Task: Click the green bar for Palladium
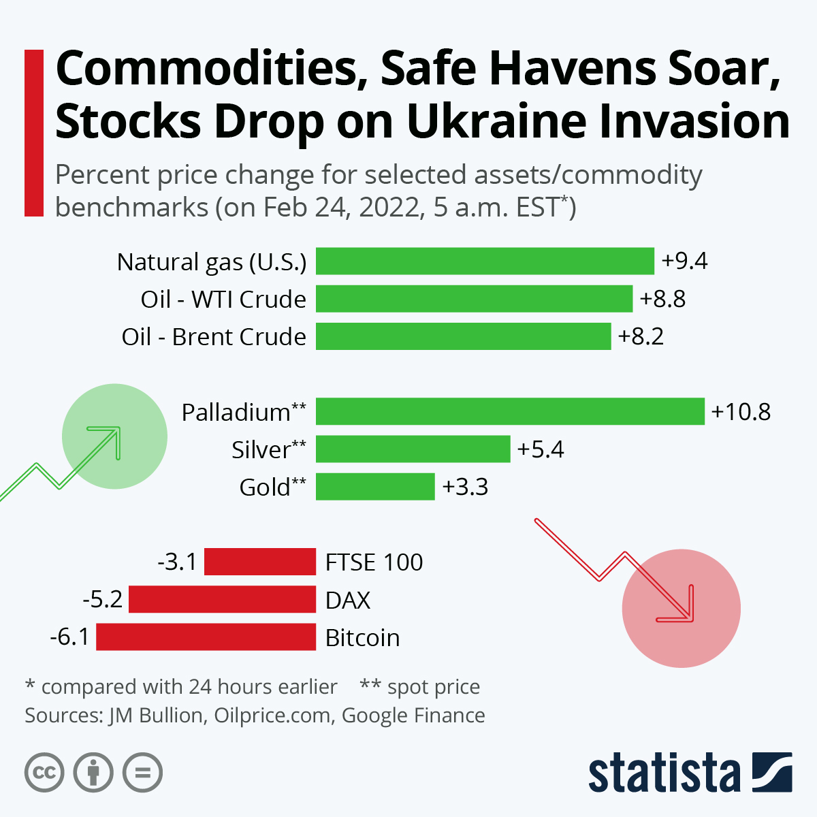pyautogui.click(x=510, y=411)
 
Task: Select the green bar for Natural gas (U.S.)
pyautogui.click(x=485, y=261)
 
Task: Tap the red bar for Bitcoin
pyautogui.click(x=206, y=637)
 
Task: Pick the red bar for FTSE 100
pyautogui.click(x=260, y=562)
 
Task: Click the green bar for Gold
pyautogui.click(x=375, y=487)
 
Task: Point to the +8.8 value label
pyautogui.click(x=662, y=299)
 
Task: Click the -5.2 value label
pyautogui.click(x=102, y=599)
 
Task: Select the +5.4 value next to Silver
pyautogui.click(x=541, y=449)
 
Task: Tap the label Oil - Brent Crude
pyautogui.click(x=214, y=336)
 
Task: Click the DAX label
pyautogui.click(x=348, y=600)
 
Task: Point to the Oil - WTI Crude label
pyautogui.click(x=223, y=299)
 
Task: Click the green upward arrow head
pyautogui.click(x=112, y=436)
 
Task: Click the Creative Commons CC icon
pyautogui.click(x=44, y=773)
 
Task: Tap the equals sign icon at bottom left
pyautogui.click(x=142, y=773)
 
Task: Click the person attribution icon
pyautogui.click(x=93, y=773)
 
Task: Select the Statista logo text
pyautogui.click(x=664, y=773)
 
